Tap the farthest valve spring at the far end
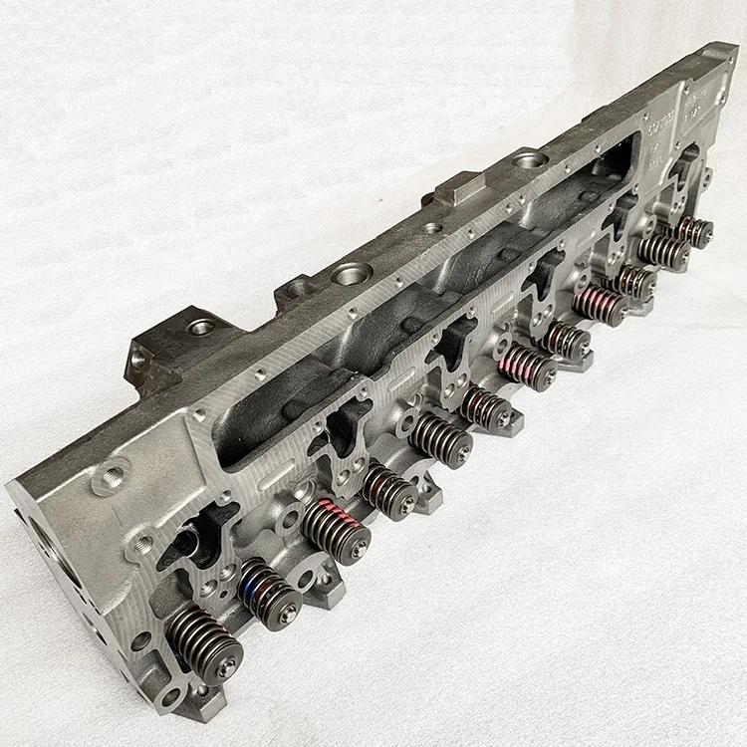click(693, 231)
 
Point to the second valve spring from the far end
click(663, 251)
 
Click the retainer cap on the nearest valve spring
click(227, 666)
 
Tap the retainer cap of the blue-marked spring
click(289, 614)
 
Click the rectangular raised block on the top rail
click(459, 186)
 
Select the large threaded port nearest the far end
click(528, 158)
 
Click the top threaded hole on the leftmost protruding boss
click(199, 327)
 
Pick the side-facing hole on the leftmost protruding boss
click(136, 356)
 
